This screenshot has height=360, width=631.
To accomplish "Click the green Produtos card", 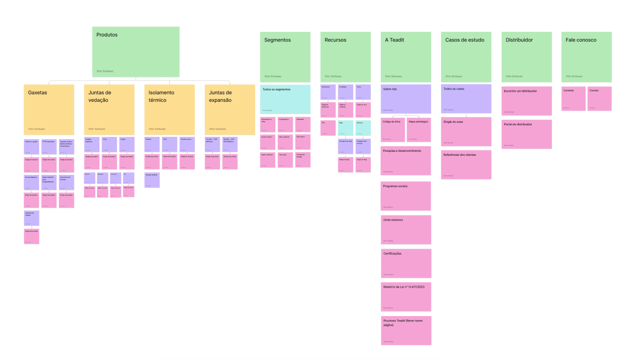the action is [135, 52].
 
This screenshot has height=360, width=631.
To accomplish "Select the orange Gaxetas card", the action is [49, 109].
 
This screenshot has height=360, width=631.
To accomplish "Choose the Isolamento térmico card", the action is [170, 109].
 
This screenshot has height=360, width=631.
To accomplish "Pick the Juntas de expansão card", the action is [230, 109].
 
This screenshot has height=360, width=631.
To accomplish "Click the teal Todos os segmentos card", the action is [285, 99].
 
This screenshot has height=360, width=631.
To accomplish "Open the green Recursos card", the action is [346, 56].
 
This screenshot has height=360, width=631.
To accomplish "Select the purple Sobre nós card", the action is [406, 99].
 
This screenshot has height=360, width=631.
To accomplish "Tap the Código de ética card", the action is [393, 130].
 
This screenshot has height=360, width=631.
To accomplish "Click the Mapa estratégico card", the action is [419, 130].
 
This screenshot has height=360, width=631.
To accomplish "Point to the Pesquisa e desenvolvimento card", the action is [406, 160].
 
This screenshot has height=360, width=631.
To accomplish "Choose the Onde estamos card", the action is [406, 230].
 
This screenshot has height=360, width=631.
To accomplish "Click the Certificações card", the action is [406, 263].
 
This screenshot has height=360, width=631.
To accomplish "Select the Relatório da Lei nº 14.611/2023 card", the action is [406, 297].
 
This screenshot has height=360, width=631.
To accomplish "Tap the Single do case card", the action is [466, 132].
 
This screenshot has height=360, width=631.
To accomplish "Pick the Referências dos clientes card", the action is [466, 164].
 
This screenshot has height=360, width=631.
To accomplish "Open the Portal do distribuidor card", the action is [527, 134].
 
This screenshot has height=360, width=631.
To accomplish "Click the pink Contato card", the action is [600, 98].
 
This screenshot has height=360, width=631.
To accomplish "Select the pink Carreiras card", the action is [574, 98].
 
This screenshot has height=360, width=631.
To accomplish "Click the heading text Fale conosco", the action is [581, 40].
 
